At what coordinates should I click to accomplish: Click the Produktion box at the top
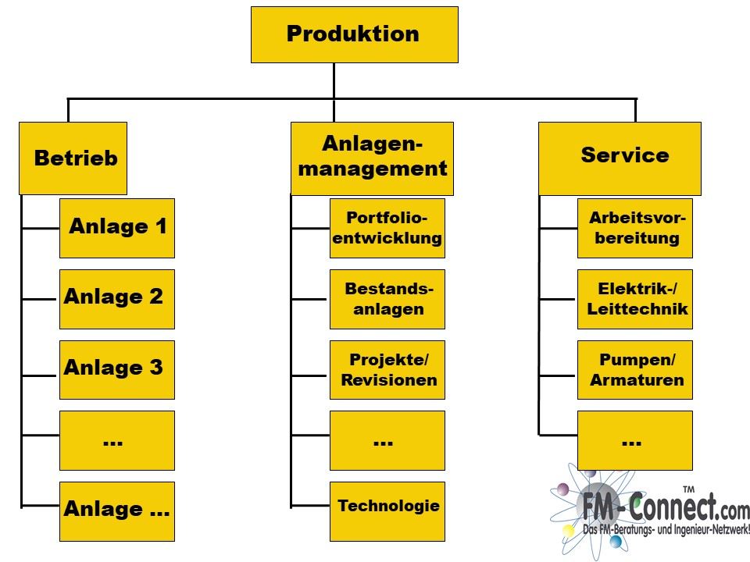[355, 34]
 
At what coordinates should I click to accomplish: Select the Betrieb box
[73, 158]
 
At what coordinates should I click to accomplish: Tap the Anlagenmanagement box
[372, 158]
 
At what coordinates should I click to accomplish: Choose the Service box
[620, 158]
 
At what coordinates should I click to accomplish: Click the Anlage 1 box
[117, 228]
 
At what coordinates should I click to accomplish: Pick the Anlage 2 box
[117, 299]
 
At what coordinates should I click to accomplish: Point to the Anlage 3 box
[117, 369]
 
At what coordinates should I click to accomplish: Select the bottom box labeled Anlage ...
[117, 510]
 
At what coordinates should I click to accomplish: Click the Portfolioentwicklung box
[387, 228]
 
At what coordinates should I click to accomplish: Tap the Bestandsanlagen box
[387, 299]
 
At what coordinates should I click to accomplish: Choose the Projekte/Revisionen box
[387, 369]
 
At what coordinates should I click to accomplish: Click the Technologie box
[387, 510]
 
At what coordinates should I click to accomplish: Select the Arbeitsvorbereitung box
[635, 228]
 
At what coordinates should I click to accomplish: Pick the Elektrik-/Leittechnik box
[635, 299]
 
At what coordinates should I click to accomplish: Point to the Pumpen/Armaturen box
[635, 369]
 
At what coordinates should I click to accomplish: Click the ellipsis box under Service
[635, 440]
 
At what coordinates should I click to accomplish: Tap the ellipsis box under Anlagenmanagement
[387, 440]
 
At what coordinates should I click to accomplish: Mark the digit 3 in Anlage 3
[156, 367]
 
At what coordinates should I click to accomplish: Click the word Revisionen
[389, 380]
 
